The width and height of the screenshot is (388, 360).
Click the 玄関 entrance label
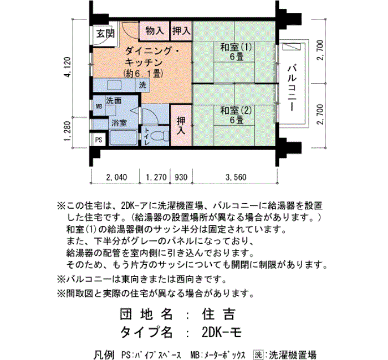click(x=105, y=33)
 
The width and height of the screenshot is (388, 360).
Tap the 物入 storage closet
click(x=155, y=30)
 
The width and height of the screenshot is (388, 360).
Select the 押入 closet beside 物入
click(x=181, y=30)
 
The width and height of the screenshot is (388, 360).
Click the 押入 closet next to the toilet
click(x=181, y=125)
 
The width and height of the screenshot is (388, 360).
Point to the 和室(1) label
click(x=236, y=47)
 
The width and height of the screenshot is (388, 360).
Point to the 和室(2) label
click(x=236, y=110)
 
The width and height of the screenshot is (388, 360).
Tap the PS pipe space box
click(x=99, y=140)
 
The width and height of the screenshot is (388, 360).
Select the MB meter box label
click(x=99, y=106)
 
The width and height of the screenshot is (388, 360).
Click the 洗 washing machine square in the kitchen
click(x=142, y=85)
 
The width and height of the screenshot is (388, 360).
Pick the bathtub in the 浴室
click(x=123, y=138)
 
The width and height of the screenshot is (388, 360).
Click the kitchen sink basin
click(x=114, y=85)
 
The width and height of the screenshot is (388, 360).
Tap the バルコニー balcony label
click(x=292, y=88)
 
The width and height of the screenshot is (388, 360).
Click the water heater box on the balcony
click(x=292, y=47)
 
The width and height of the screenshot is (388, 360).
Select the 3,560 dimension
click(x=236, y=177)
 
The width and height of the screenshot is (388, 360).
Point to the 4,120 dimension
click(x=68, y=67)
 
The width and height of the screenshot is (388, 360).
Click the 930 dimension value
click(x=181, y=177)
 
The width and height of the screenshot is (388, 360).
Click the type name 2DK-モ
click(x=222, y=332)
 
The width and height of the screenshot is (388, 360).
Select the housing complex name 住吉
click(x=218, y=314)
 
